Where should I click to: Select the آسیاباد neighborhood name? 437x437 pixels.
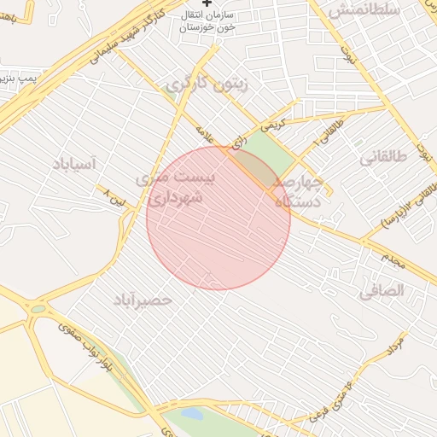coord(84,163)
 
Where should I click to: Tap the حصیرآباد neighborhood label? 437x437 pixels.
coord(143,300)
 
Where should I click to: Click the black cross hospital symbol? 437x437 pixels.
coord(207,4)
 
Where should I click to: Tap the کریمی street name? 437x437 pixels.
coord(271,125)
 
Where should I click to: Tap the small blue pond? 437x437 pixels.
coord(192,414)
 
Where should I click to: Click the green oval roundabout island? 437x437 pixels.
coord(39,308)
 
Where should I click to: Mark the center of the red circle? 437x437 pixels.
coord(218,218)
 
